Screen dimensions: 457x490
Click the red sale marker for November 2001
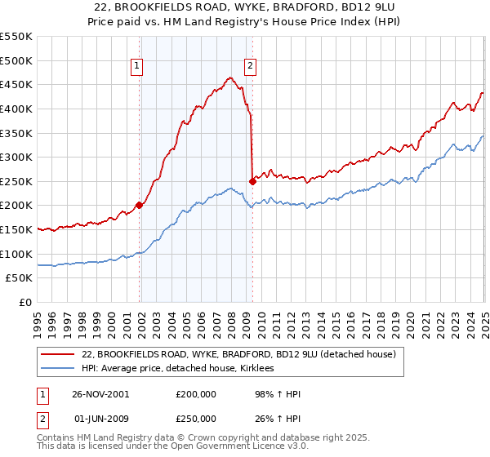pos(140,205)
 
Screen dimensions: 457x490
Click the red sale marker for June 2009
pos(252,180)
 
